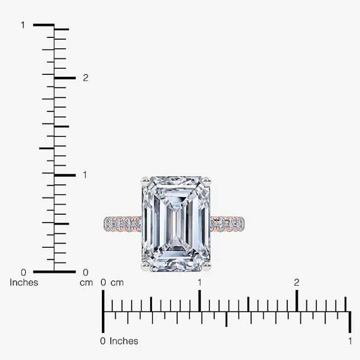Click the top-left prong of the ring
coord(146,182)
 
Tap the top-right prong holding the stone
coord(206,182)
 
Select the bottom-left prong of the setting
coord(146,266)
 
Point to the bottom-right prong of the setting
coord(206,266)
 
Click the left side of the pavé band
coord(122,223)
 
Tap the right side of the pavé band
coord(227,223)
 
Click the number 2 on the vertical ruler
coord(86,78)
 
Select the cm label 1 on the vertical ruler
coord(85,175)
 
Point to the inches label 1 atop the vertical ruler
coord(23,25)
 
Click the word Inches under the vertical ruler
coord(24,283)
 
